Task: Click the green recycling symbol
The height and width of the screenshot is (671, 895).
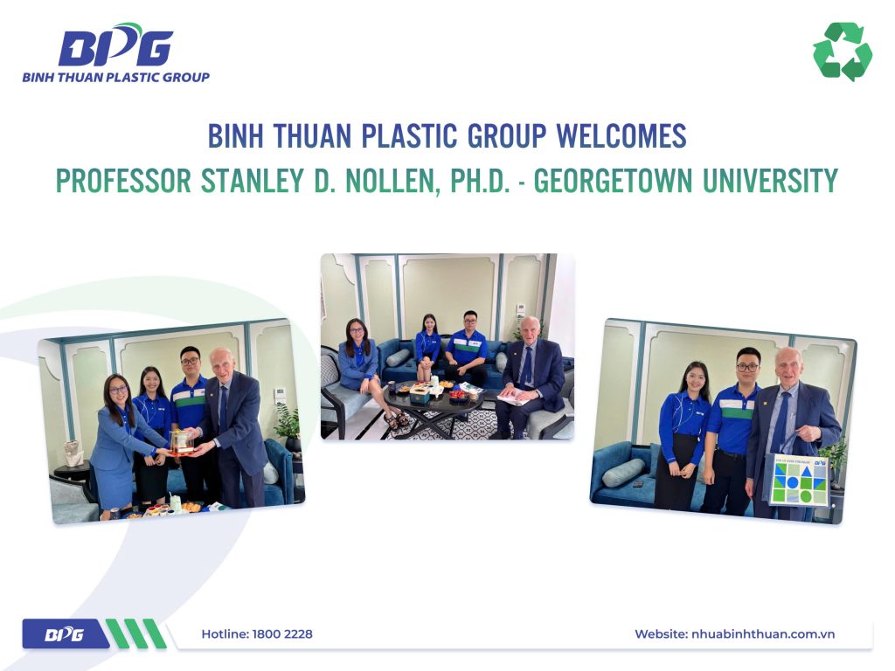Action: point(842,52)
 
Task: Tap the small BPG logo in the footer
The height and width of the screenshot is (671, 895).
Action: point(63,634)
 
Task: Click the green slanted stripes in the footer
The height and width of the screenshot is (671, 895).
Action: point(135,633)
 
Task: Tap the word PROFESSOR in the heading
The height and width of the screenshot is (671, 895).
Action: point(122,181)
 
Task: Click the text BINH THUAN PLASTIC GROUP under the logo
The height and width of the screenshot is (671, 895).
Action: point(115,77)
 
